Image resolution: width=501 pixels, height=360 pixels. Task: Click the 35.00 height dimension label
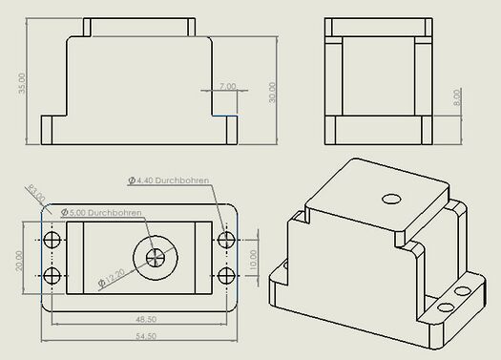click(22, 83)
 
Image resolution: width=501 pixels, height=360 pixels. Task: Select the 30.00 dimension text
click(272, 93)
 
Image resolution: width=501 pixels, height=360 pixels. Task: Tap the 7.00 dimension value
click(227, 86)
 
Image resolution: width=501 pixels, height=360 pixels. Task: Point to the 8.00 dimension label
click(457, 97)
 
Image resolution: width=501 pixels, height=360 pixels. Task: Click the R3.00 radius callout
click(36, 193)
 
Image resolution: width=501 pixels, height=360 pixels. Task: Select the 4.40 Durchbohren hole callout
click(168, 180)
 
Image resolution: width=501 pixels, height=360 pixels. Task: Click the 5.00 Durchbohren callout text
click(101, 213)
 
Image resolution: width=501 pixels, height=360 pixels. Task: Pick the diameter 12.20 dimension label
click(112, 278)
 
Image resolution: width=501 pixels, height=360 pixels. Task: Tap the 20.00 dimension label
click(19, 261)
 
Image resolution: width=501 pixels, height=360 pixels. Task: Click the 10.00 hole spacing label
click(253, 260)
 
